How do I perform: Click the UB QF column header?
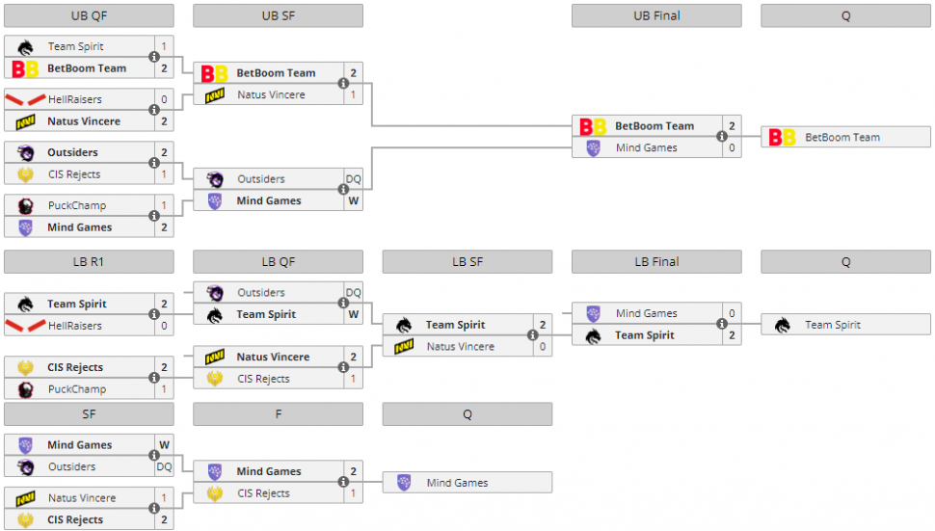(x=89, y=15)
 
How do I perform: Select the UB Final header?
(x=656, y=15)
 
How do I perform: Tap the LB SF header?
(x=467, y=262)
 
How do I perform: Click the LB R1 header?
(x=89, y=262)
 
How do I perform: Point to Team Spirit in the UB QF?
(x=75, y=46)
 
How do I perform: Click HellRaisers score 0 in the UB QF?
(x=164, y=99)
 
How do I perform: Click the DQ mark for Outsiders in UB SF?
(x=354, y=179)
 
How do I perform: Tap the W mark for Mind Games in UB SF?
(x=354, y=200)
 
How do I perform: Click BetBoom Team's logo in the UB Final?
(x=593, y=126)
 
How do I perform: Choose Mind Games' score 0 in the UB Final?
(x=733, y=147)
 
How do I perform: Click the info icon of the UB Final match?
(x=722, y=137)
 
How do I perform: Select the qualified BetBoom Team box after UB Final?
(x=845, y=137)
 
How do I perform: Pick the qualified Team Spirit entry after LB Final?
(x=845, y=325)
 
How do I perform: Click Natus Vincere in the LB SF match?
(x=460, y=347)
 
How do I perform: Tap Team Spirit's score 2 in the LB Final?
(x=733, y=335)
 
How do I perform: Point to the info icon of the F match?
(x=343, y=483)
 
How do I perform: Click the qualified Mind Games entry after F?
(x=467, y=483)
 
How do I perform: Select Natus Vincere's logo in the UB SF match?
(x=214, y=94)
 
